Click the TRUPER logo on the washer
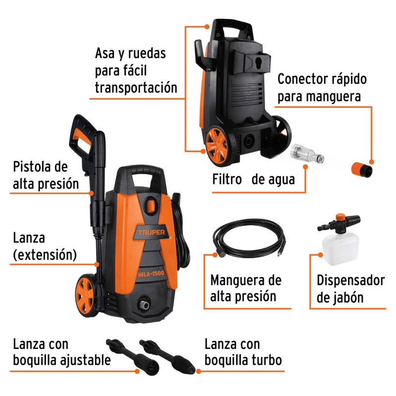(151, 232)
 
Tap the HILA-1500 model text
(151, 274)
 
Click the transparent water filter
(307, 153)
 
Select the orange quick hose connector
(362, 169)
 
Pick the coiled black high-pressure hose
(249, 238)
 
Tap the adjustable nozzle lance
(133, 357)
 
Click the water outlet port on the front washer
(145, 304)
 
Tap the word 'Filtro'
(227, 179)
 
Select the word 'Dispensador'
(351, 280)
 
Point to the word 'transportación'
(136, 88)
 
